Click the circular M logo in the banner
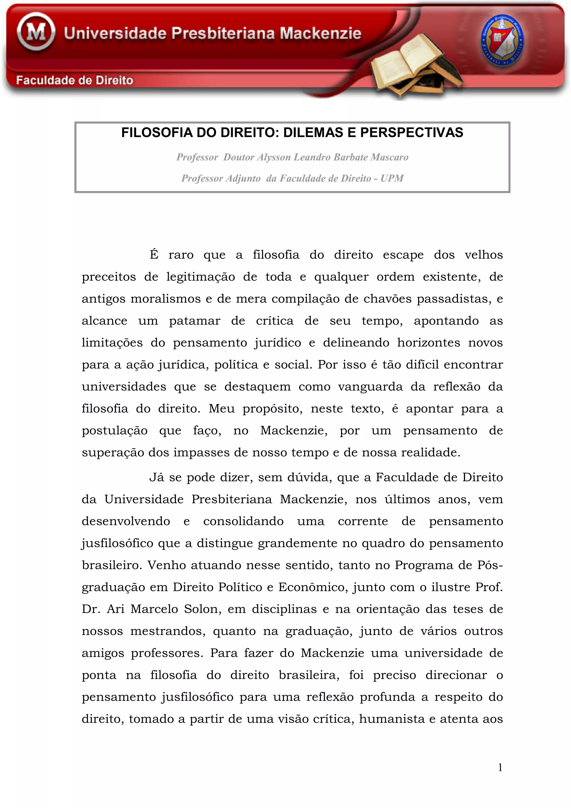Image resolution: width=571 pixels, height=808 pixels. point(36,32)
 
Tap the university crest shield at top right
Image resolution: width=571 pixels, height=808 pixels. point(502,41)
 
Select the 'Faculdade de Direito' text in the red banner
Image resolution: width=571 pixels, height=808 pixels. point(75,81)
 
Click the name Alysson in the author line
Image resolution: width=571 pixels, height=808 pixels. point(274,157)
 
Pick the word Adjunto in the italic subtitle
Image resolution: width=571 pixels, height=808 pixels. point(243,178)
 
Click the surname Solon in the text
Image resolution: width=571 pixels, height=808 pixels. point(203,609)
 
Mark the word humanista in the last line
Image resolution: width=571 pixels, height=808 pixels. point(391,719)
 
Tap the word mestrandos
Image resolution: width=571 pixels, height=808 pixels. point(168,631)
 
